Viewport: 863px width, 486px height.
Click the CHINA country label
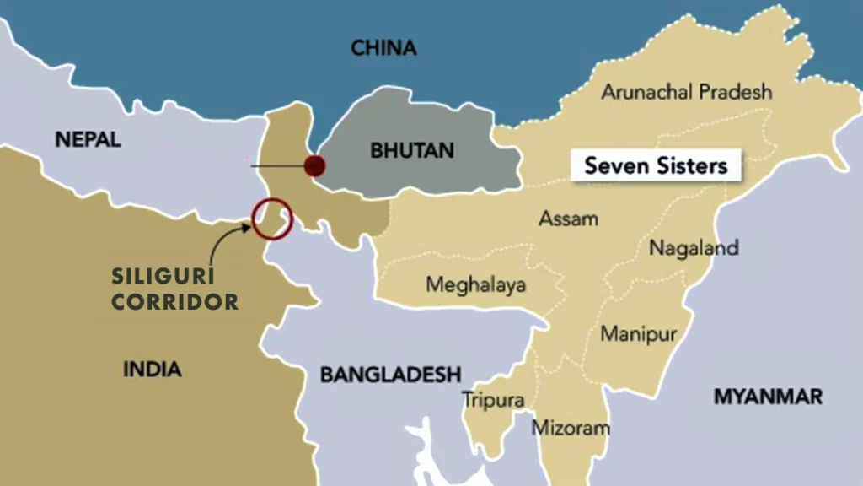[383, 48]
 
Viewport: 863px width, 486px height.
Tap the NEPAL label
[88, 139]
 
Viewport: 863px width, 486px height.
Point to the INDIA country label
[152, 369]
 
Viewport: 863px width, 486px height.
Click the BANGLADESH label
[390, 374]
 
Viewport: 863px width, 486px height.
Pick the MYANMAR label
[768, 397]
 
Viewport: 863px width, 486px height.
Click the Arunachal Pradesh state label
[686, 91]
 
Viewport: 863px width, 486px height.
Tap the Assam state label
[568, 219]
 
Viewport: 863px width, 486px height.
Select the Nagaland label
[693, 248]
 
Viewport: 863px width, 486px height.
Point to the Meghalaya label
[475, 284]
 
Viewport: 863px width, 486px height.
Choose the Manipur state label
[638, 334]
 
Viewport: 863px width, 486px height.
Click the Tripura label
[493, 400]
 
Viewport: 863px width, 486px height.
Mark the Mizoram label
[570, 428]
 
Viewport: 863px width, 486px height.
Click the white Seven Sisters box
[655, 165]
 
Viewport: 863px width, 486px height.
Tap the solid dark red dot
[314, 165]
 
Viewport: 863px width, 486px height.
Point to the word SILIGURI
[163, 276]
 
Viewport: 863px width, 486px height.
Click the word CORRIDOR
[174, 301]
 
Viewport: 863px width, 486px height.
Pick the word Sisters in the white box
[692, 165]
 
